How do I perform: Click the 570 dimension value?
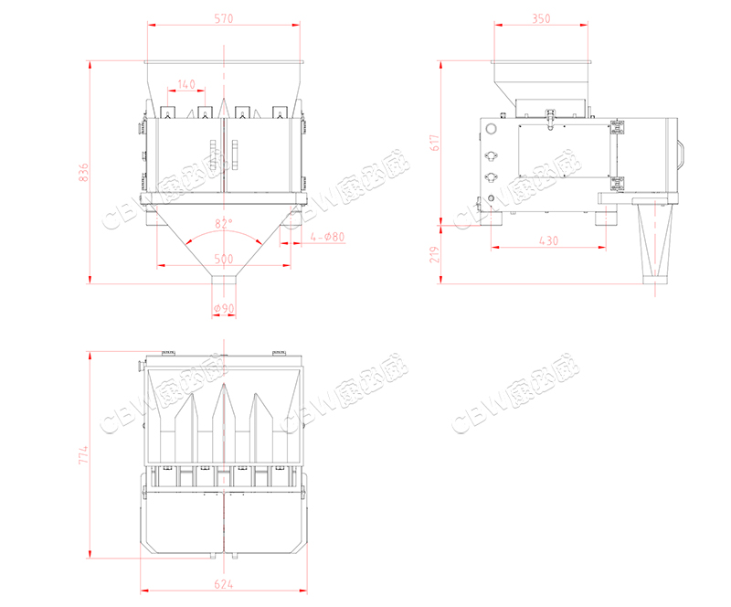223,17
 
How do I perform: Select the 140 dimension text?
186,84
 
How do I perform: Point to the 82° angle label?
224,223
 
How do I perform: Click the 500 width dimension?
224,259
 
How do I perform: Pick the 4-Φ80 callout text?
326,238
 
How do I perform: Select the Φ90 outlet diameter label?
224,308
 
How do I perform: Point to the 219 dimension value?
436,253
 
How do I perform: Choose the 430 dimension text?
547,240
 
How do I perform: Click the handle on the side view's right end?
682,151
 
